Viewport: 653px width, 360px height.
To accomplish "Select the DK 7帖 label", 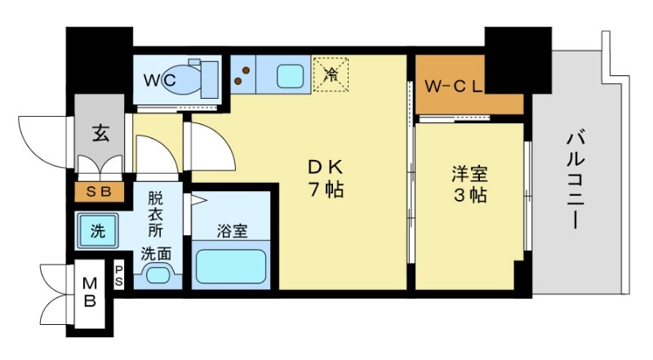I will (325, 178).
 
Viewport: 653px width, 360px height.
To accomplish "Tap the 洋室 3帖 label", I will (469, 184).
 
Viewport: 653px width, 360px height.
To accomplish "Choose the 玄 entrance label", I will (99, 131).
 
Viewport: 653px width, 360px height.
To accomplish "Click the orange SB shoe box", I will (98, 193).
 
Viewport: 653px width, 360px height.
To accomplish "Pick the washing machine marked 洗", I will (97, 230).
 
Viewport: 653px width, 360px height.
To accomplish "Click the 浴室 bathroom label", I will (231, 230).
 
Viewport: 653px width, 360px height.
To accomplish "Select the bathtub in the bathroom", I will (231, 266).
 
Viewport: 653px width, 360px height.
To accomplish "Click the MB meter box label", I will (91, 292).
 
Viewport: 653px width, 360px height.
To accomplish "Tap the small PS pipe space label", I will (119, 275).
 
